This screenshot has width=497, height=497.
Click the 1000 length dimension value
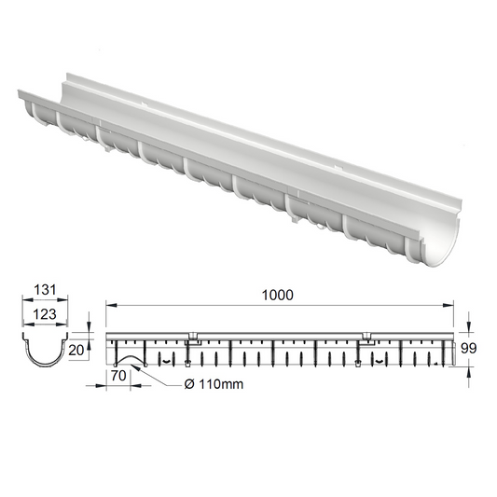(278, 294)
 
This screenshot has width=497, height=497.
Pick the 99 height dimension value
(472, 349)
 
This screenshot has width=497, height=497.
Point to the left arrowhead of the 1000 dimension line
(109, 305)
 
